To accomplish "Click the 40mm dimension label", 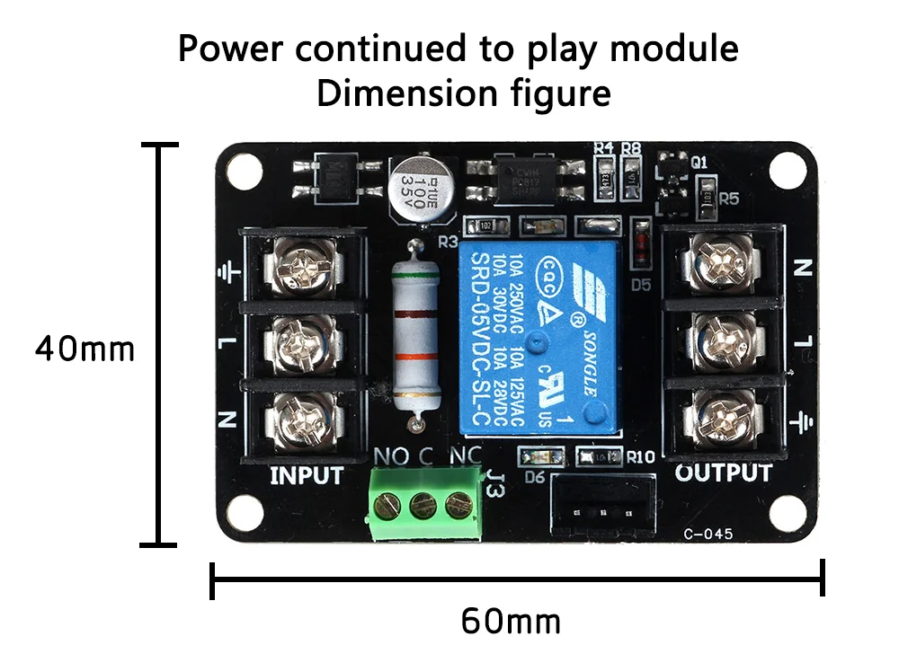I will (x=85, y=348).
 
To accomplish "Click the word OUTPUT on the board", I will (x=723, y=473).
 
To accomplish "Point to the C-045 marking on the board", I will (x=708, y=534).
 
